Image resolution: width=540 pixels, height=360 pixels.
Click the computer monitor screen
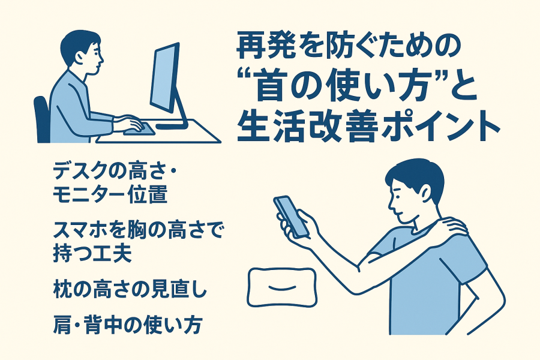point(164,78)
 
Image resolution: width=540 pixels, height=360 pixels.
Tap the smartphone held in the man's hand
point(291,217)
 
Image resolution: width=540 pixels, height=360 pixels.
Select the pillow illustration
point(282,287)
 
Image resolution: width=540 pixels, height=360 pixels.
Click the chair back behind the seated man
point(41,119)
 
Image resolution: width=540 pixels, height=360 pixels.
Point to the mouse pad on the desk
point(139,129)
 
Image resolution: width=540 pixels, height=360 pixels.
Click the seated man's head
point(82,52)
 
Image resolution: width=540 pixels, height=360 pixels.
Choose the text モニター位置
point(110,194)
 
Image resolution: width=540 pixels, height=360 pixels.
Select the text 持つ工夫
point(92,254)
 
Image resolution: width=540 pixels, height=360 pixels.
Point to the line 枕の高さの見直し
point(130,289)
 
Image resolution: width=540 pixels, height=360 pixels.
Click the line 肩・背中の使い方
point(127,325)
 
